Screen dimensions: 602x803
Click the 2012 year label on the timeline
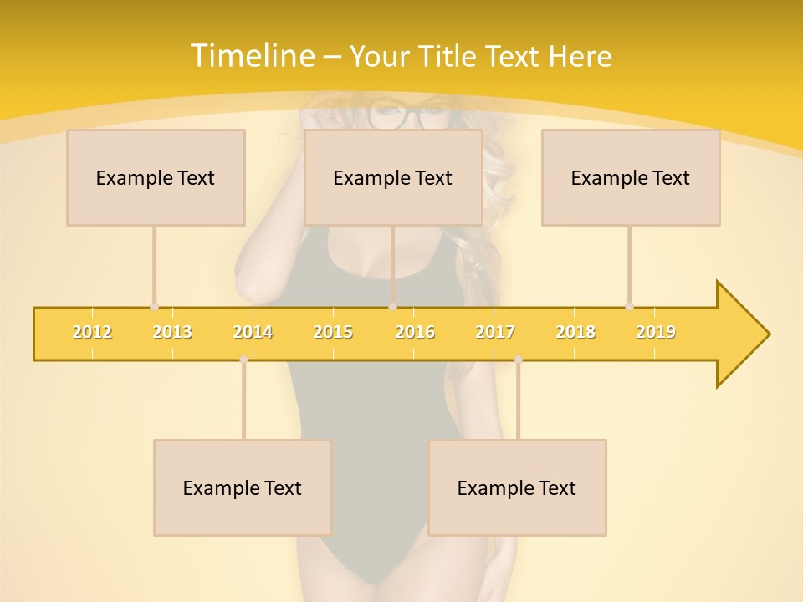coord(92,332)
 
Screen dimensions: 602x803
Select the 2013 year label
coord(172,332)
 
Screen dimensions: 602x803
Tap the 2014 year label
coord(253,332)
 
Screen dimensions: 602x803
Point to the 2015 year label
coord(333,332)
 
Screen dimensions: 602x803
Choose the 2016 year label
coord(415,332)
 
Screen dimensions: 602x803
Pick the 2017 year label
coord(495,332)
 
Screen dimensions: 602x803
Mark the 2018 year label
coord(575,332)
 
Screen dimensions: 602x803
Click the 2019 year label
coord(656,332)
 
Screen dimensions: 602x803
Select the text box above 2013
coord(156,177)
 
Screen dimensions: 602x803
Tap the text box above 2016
coord(393,177)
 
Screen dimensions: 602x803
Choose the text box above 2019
coord(631,177)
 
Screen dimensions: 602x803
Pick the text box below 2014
coord(243,487)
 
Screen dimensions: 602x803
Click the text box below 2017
coord(517,487)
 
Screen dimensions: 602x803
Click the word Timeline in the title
coord(252,56)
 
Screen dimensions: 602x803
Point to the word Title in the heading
coord(451,57)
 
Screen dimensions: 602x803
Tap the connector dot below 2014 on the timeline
coord(243,359)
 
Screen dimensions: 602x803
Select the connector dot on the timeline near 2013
coord(154,307)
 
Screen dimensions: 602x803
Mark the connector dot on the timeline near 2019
coord(629,307)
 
